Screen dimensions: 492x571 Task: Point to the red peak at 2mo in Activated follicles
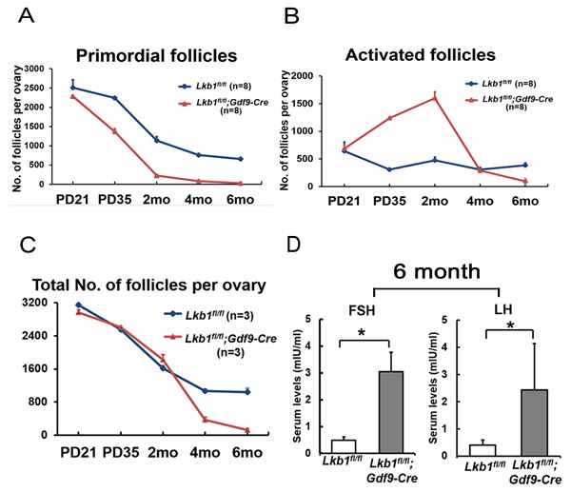pos(463,97)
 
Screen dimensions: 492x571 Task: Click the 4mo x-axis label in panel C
pos(204,451)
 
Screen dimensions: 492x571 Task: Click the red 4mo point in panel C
pos(204,419)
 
